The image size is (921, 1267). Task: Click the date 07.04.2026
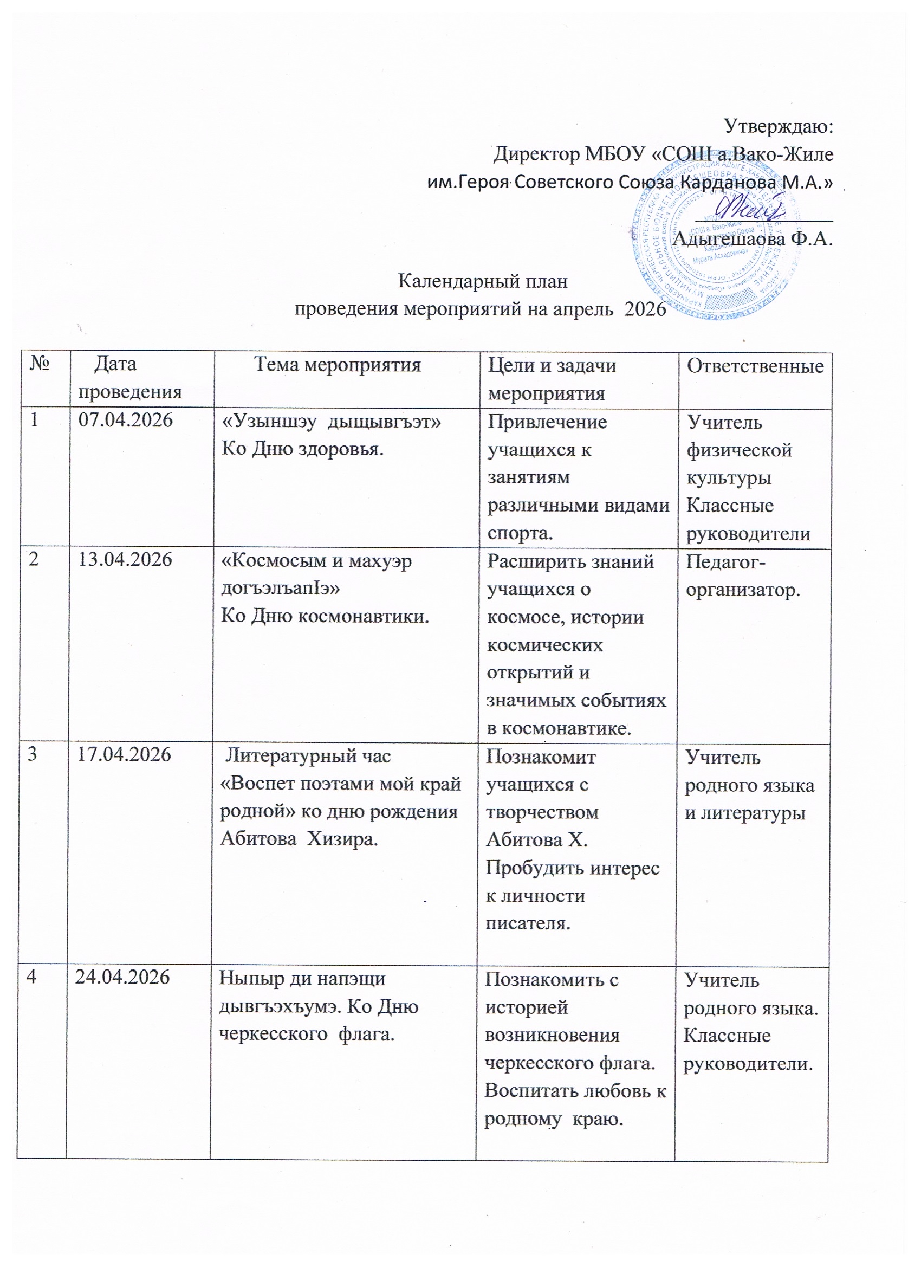point(125,420)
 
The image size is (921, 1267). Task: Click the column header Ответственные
point(755,366)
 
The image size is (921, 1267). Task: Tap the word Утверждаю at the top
point(778,126)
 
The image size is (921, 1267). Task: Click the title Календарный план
point(483,281)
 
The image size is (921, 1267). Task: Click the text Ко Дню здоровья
point(303,449)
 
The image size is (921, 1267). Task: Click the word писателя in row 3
point(528,923)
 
